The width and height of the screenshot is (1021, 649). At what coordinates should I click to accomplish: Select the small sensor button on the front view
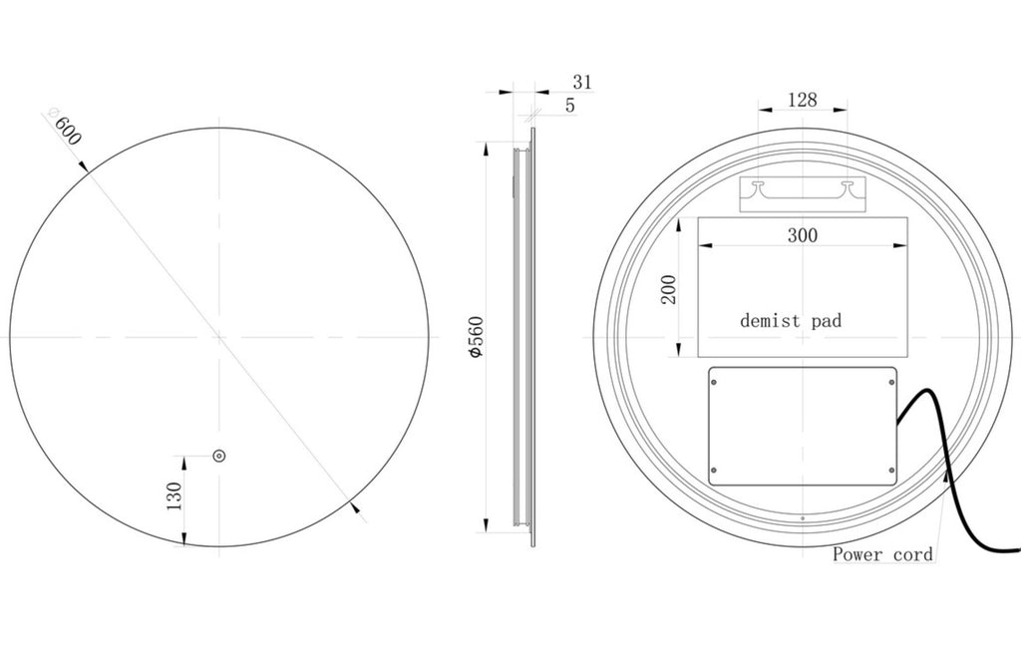click(218, 457)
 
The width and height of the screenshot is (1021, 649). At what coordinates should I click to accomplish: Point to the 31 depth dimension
click(582, 82)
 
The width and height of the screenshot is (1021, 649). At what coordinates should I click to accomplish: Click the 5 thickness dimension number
click(570, 105)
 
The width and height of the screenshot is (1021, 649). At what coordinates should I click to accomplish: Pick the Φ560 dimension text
click(476, 336)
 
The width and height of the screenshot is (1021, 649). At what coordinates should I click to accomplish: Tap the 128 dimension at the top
click(803, 99)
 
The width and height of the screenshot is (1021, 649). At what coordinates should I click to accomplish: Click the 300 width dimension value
click(803, 235)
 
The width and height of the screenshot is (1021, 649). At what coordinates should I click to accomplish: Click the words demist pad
click(791, 321)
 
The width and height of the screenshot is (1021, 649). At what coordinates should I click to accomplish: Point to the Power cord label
click(882, 553)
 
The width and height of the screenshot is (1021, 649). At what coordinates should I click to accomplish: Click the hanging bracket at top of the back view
click(803, 193)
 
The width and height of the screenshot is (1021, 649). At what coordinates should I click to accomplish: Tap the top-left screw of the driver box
click(714, 380)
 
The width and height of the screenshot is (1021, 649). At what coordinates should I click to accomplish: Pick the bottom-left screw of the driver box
click(714, 471)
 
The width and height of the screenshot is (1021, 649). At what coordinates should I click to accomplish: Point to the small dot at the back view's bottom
click(803, 519)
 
